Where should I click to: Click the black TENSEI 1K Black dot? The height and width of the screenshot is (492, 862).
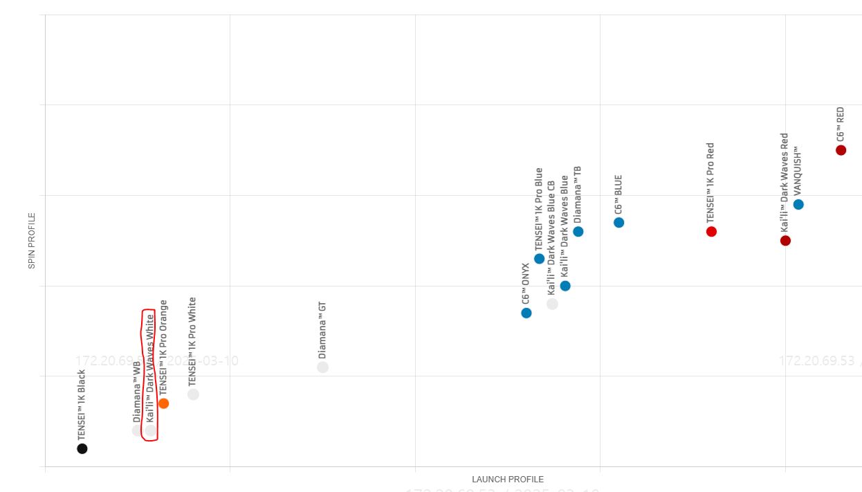point(82,448)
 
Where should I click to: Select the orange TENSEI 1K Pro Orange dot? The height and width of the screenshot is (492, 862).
point(163,403)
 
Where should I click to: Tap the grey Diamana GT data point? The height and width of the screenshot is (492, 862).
point(322,367)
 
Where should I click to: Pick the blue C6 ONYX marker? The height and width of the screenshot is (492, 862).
point(526,313)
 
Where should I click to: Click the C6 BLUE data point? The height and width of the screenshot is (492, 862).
point(619,222)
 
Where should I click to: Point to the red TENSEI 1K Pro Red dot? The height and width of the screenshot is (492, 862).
point(711,231)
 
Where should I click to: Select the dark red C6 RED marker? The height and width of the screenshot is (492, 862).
point(841,150)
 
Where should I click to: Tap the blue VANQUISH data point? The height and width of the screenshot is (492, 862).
point(798,204)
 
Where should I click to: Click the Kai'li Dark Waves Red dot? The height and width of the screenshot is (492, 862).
point(785,240)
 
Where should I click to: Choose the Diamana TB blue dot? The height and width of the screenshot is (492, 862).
point(578,231)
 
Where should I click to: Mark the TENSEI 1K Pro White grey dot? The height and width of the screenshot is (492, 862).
point(193,394)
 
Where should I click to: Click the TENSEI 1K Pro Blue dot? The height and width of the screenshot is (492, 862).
point(539,259)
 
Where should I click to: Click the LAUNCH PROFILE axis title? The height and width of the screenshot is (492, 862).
point(508,480)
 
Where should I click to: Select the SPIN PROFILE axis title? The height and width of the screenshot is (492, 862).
point(31,241)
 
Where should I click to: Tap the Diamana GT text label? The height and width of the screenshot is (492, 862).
point(322,329)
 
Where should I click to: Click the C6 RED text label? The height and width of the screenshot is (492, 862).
point(841,124)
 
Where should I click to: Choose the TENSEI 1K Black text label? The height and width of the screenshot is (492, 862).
point(82,405)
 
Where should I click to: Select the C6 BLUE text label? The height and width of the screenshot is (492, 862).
point(618,194)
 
